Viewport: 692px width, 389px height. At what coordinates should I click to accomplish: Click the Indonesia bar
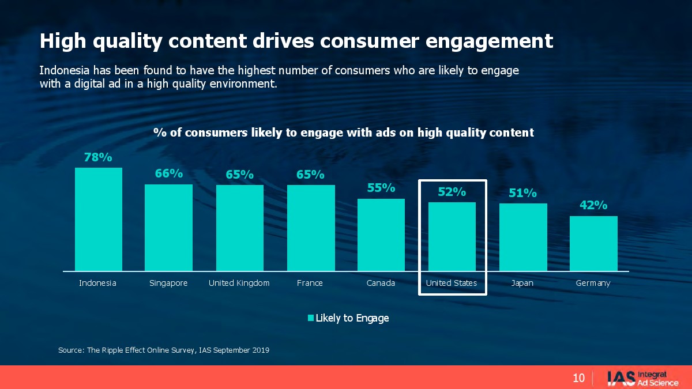(x=99, y=219)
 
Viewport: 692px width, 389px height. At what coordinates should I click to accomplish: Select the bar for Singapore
(x=168, y=228)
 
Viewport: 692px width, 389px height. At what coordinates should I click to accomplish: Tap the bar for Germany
(x=593, y=243)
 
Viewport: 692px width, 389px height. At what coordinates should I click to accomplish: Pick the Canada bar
(x=381, y=235)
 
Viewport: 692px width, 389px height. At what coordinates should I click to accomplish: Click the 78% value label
(x=98, y=157)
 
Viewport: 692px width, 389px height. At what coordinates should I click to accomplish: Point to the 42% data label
(x=593, y=206)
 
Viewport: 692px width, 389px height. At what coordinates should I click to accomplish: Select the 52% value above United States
(x=452, y=192)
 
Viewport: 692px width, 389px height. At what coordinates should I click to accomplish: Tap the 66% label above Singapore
(x=168, y=173)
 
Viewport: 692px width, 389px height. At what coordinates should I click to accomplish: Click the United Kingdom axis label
(x=239, y=283)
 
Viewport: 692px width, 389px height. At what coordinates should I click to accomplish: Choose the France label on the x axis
(x=310, y=283)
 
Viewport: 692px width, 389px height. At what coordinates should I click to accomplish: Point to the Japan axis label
(x=522, y=283)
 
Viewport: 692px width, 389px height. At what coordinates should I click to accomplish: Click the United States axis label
(x=452, y=283)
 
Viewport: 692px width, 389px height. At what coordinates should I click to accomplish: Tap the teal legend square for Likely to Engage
(x=310, y=318)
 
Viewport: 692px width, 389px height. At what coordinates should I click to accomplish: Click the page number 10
(x=578, y=378)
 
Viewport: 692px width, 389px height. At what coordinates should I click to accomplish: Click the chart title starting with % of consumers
(x=344, y=133)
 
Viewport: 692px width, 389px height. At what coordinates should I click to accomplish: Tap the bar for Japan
(x=523, y=237)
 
